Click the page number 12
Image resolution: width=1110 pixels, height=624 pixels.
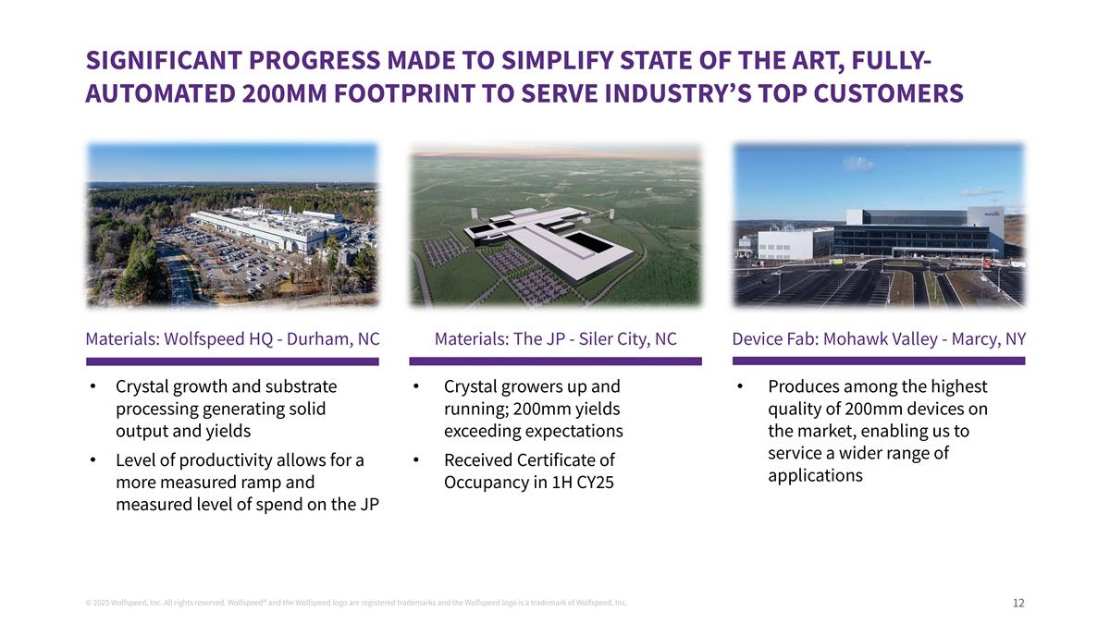click(x=1018, y=603)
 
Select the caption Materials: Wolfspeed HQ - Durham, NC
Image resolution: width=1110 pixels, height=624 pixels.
click(x=232, y=339)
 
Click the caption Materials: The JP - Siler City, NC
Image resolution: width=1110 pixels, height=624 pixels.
click(x=555, y=339)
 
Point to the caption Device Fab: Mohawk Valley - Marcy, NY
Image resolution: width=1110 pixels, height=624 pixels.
click(x=878, y=339)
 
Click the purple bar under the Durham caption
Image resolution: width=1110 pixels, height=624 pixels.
click(x=232, y=361)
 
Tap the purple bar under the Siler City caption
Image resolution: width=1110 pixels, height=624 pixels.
click(x=555, y=361)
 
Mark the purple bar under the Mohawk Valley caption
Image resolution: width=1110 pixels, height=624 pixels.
click(x=878, y=361)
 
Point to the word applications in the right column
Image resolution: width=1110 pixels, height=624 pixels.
click(x=815, y=476)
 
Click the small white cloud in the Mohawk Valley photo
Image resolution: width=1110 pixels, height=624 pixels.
click(x=857, y=164)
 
